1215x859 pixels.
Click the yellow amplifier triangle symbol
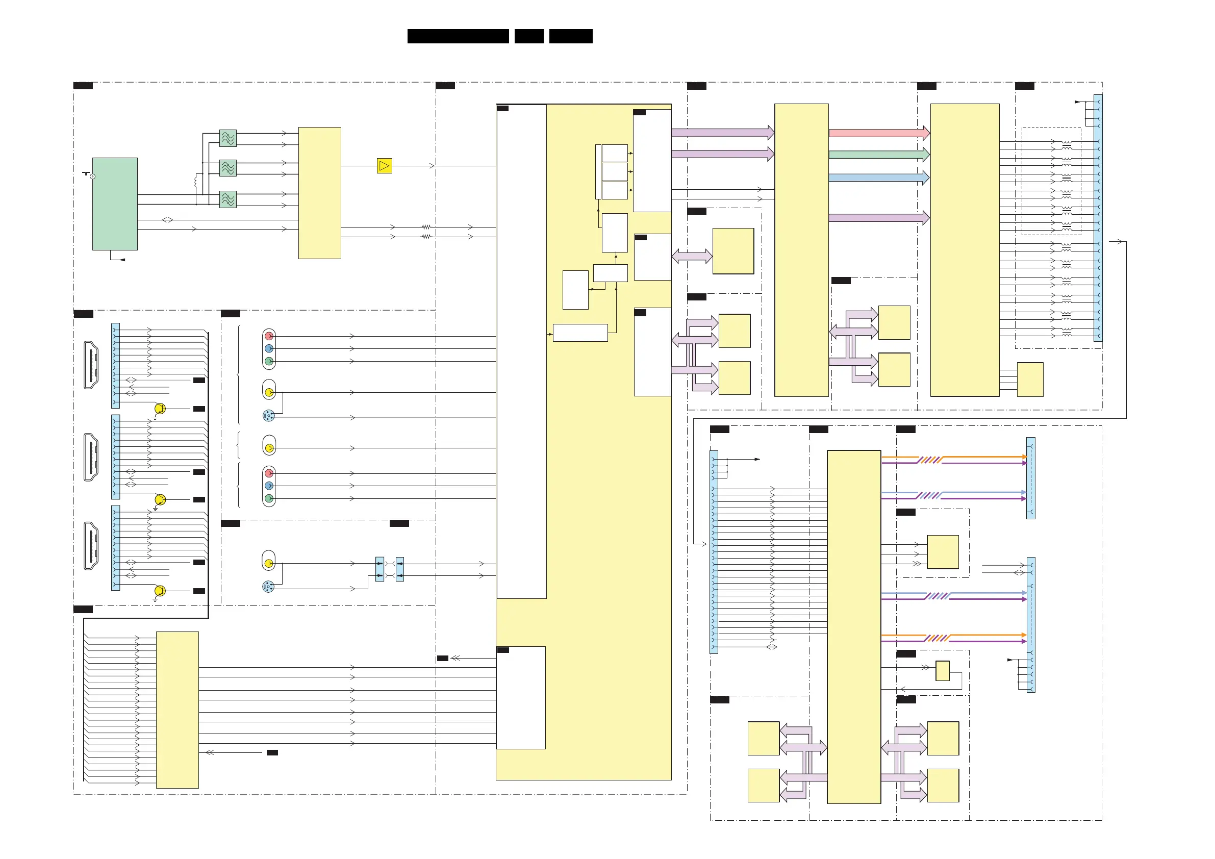[384, 166]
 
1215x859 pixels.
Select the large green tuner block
[115, 204]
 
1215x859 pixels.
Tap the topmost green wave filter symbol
[228, 138]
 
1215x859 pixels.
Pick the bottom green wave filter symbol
[228, 199]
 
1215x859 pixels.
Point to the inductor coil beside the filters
[196, 181]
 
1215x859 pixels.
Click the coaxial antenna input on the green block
[92, 176]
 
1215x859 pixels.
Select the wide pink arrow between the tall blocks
[878, 133]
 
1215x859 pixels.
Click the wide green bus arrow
[878, 155]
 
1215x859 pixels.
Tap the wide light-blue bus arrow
[878, 178]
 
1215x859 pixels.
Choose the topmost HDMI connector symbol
[91, 365]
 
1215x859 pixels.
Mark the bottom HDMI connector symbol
[91, 546]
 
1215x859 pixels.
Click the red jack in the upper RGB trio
[269, 336]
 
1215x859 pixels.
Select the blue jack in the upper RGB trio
[269, 349]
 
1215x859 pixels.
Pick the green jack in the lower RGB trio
[269, 498]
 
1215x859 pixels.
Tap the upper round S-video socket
[268, 416]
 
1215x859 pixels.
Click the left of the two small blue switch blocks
[379, 569]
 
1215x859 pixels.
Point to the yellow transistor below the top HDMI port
[160, 409]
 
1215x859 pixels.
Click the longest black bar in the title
[458, 36]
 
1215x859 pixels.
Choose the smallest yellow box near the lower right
[943, 671]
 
